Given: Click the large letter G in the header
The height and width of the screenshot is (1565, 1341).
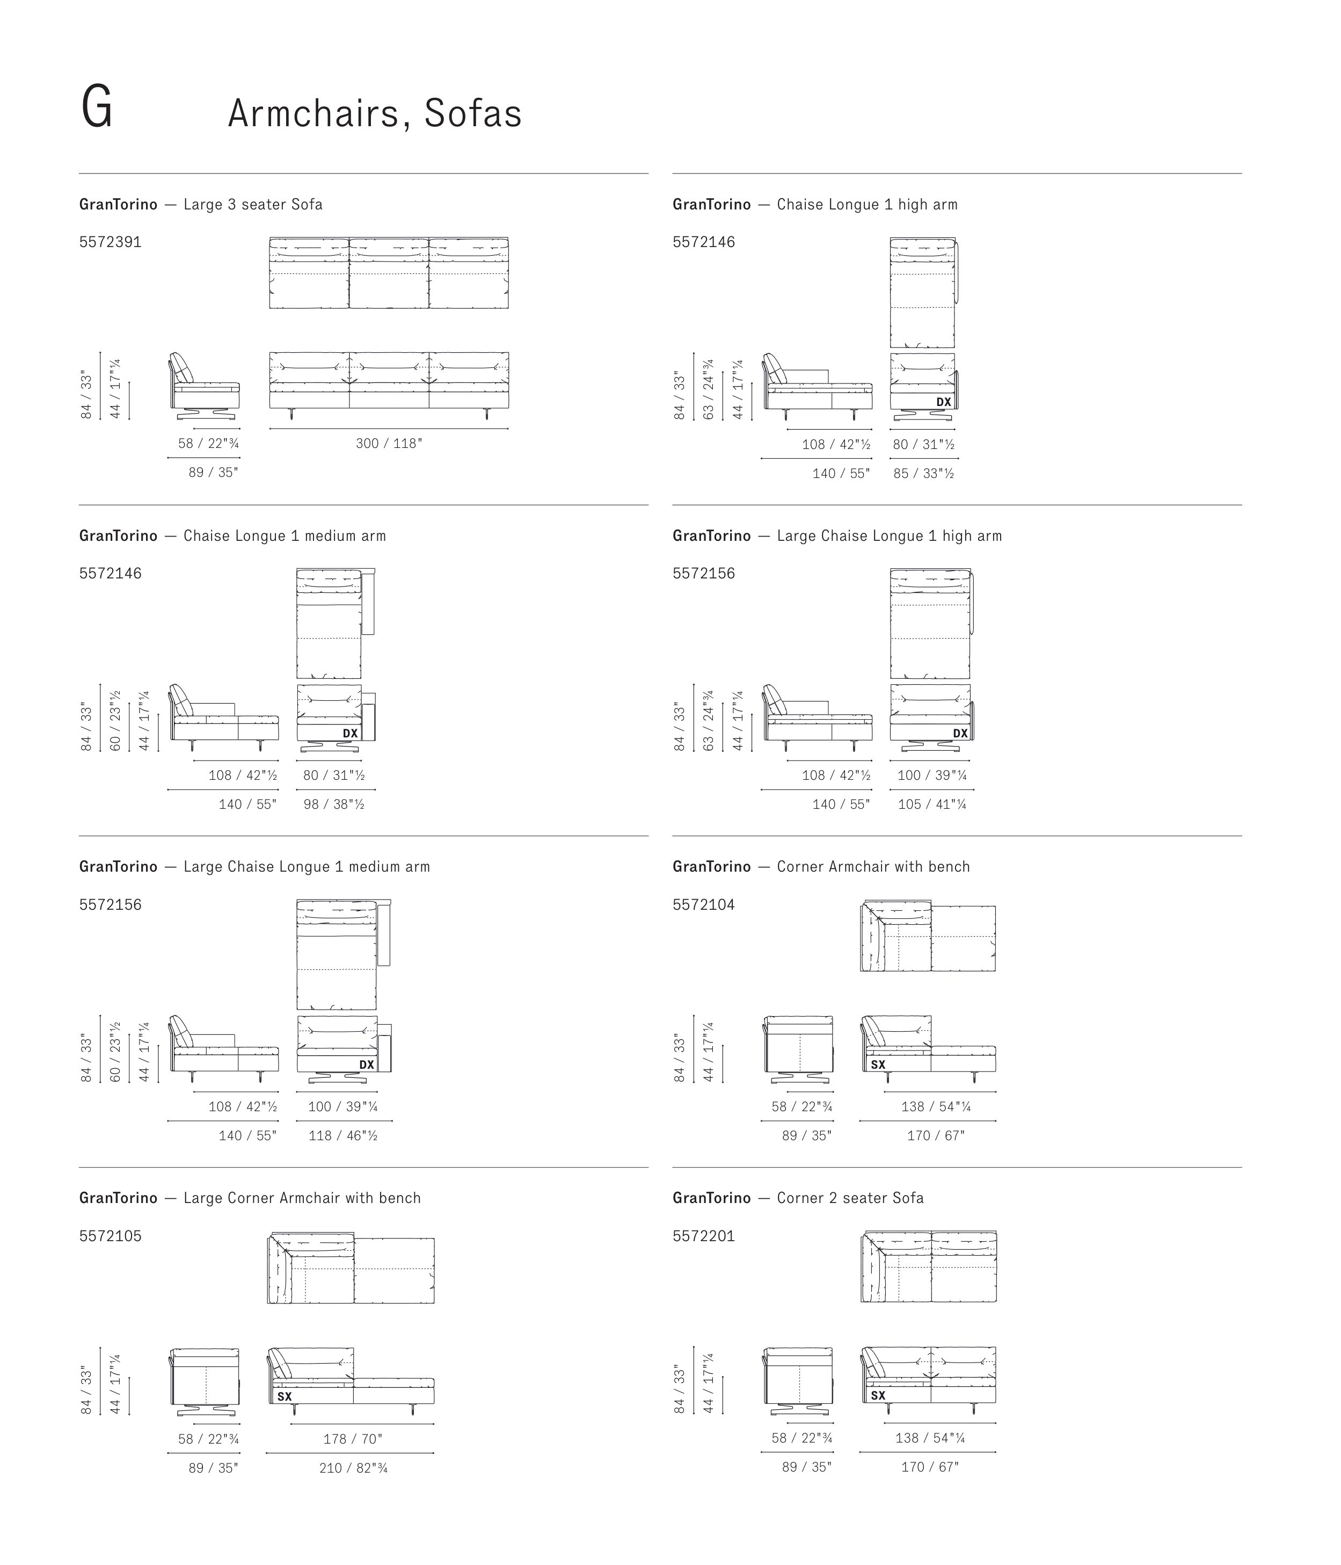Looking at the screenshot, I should click(x=97, y=108).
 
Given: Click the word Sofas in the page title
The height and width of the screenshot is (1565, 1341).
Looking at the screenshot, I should click(x=472, y=114).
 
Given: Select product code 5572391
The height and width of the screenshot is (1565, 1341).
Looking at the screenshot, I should click(x=110, y=242).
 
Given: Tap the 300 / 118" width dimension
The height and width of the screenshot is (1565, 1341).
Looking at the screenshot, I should click(x=389, y=444).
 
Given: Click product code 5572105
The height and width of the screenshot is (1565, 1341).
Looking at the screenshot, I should click(x=110, y=1236).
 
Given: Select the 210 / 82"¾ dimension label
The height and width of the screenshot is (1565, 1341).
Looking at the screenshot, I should click(x=353, y=1468).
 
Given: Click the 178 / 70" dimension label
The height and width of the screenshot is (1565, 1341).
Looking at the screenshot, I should click(x=353, y=1439).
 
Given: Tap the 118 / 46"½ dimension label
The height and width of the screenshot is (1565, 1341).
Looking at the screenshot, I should click(x=343, y=1136).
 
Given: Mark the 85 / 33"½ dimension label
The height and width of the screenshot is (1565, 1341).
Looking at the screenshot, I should click(x=923, y=474).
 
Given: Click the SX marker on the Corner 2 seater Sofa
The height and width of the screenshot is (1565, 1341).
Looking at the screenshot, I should click(x=877, y=1395).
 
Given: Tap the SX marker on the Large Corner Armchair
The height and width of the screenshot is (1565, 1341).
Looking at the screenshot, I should click(x=284, y=1396).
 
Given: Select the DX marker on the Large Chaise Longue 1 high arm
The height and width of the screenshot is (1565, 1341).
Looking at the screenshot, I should click(x=960, y=734).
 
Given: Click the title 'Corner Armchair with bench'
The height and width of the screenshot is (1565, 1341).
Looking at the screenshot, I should click(x=873, y=867).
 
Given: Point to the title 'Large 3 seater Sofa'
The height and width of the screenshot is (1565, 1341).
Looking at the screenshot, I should click(x=253, y=205).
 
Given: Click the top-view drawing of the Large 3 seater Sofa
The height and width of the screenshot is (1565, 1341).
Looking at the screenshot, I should click(x=389, y=273).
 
